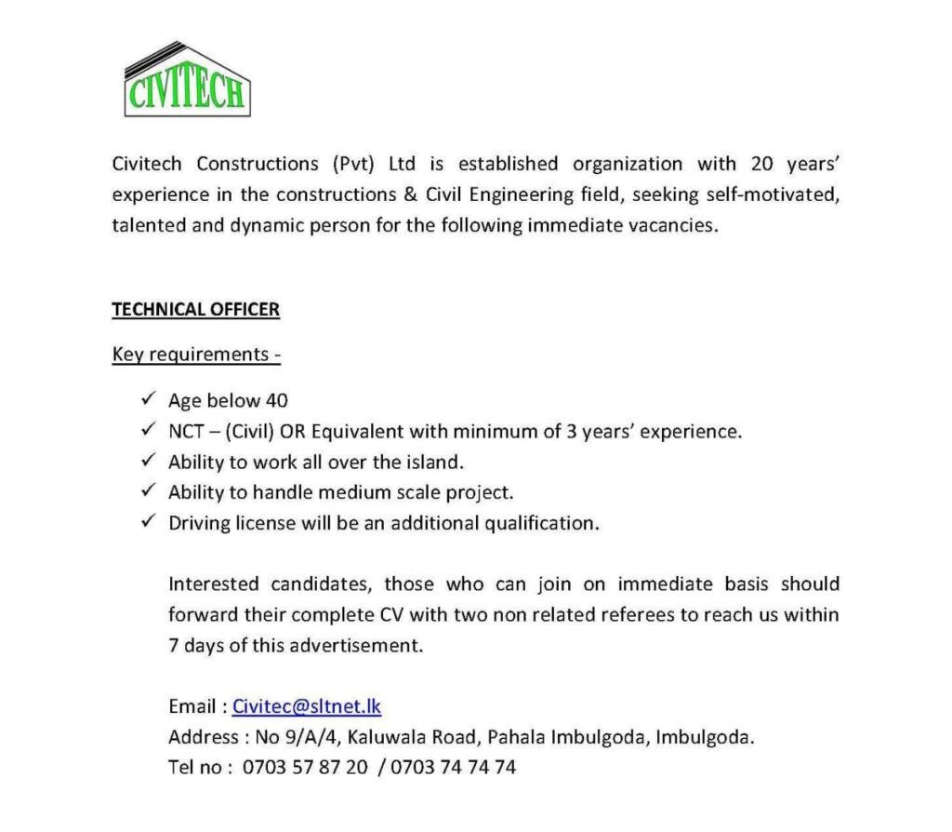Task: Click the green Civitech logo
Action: click(187, 80)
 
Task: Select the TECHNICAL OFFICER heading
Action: click(195, 310)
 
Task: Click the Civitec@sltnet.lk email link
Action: click(307, 706)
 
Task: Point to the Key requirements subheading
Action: click(196, 355)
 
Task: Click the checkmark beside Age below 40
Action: click(146, 400)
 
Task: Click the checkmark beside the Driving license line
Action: click(146, 522)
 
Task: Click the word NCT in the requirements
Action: click(186, 432)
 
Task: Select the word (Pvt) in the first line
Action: click(352, 165)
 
